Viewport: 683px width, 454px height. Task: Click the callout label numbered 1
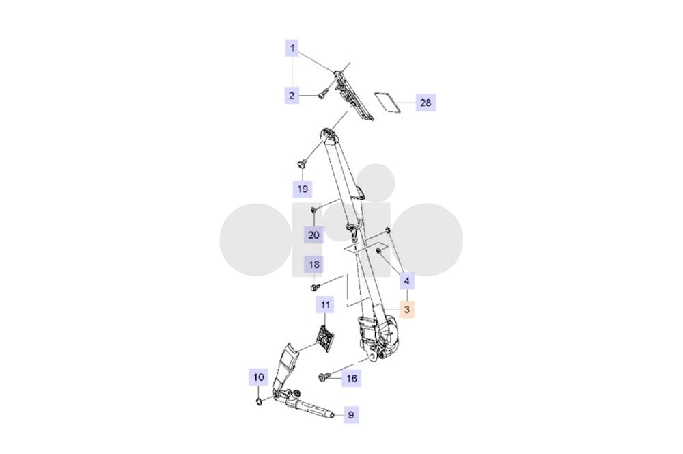pos(292,48)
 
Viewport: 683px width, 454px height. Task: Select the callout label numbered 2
pos(292,96)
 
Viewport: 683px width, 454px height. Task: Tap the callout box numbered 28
pos(426,103)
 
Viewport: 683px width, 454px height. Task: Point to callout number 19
pos(303,189)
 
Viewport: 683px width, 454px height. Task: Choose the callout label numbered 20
pos(313,235)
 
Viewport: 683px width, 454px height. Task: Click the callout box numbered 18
pos(313,265)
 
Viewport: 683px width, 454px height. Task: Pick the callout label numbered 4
pos(407,281)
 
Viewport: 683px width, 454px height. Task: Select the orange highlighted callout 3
pos(407,310)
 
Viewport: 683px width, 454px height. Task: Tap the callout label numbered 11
pos(325,305)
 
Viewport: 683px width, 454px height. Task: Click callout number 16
pos(352,379)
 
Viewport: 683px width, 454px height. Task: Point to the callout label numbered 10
pos(259,377)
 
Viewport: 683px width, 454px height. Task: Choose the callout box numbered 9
pos(351,415)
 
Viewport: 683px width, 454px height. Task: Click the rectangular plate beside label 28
pos(389,103)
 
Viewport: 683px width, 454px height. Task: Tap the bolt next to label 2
pos(322,94)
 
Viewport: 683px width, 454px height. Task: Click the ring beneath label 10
pos(258,401)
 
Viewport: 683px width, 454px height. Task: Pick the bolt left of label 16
pos(323,376)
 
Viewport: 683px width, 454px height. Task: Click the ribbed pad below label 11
pos(326,338)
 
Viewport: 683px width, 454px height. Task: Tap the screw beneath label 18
pos(316,287)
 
